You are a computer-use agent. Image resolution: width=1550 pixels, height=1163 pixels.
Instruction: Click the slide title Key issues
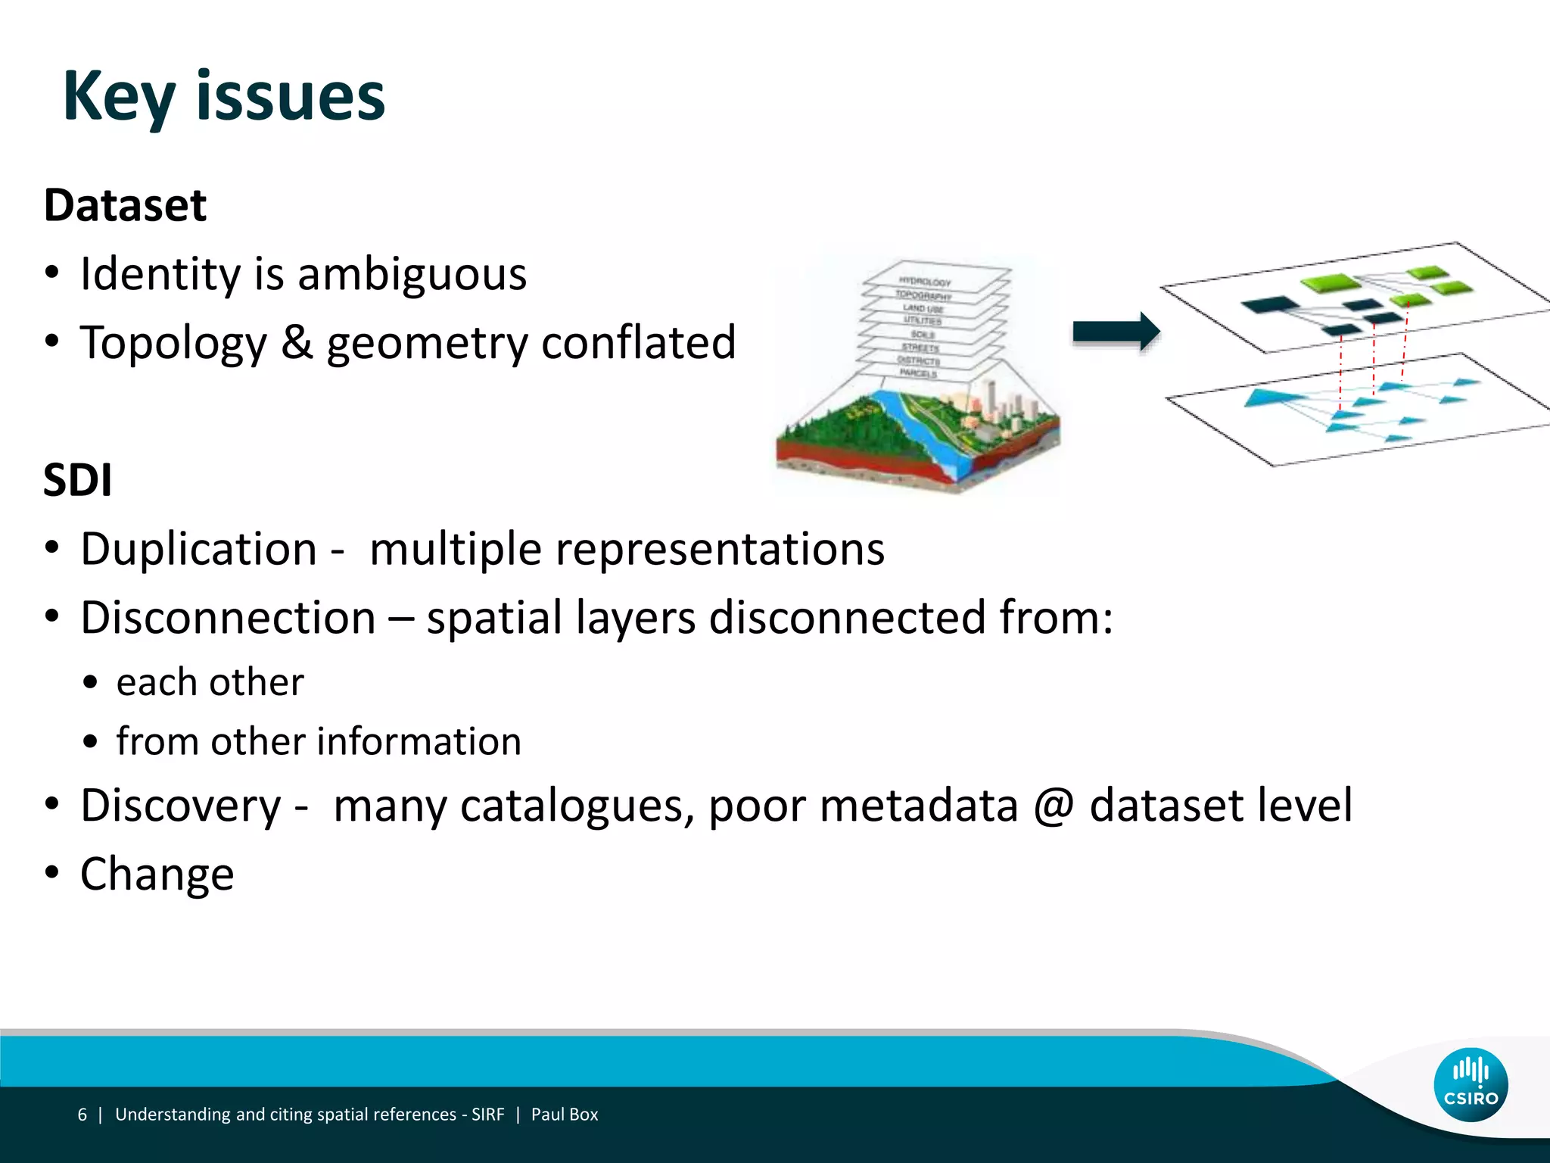[224, 97]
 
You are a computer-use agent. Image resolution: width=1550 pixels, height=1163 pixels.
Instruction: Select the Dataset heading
[125, 205]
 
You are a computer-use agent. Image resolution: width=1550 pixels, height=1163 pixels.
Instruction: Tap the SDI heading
[78, 480]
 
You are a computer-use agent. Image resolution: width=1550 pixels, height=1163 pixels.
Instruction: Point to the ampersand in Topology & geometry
[297, 342]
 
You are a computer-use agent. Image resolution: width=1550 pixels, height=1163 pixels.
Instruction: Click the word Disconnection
[228, 617]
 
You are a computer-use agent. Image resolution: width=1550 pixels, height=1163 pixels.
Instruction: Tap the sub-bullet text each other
[210, 682]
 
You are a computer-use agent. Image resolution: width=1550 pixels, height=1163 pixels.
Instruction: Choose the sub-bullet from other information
[319, 741]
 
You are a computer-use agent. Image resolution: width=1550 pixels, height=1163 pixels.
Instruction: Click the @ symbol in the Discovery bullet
[1054, 805]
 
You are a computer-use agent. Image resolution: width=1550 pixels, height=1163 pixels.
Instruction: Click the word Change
[157, 874]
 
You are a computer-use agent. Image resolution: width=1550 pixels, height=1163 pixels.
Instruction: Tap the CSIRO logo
[1470, 1084]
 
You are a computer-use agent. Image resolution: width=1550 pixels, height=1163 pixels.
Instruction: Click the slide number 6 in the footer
[82, 1115]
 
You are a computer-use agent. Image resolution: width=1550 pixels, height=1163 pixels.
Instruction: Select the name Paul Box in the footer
[564, 1115]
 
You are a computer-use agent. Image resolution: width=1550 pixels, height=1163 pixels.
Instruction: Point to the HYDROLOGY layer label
[924, 282]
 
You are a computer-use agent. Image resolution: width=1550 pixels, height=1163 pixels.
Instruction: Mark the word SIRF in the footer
[487, 1115]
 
